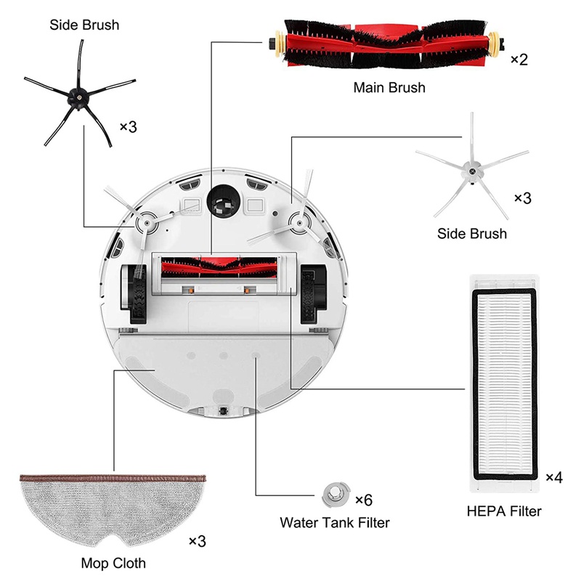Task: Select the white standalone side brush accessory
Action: pos(471,171)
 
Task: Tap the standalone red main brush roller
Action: pos(386,44)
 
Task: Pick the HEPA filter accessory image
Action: pos(504,384)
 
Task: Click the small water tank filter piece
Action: pos(336,495)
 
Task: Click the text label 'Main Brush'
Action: pos(389,88)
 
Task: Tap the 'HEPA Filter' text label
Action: pos(504,511)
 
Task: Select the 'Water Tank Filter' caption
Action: pos(335,523)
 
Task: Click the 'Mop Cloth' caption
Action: pos(113,564)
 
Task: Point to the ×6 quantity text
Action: pos(364,500)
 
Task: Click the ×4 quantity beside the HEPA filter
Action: pos(554,477)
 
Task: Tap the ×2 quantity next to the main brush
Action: pos(519,60)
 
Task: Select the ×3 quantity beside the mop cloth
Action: pos(197,541)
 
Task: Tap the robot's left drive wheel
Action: pos(134,293)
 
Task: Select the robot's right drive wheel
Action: pos(312,293)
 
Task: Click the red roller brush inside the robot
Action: pos(219,267)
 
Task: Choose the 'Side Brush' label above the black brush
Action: pos(84,25)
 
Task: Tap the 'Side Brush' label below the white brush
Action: pos(472,234)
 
